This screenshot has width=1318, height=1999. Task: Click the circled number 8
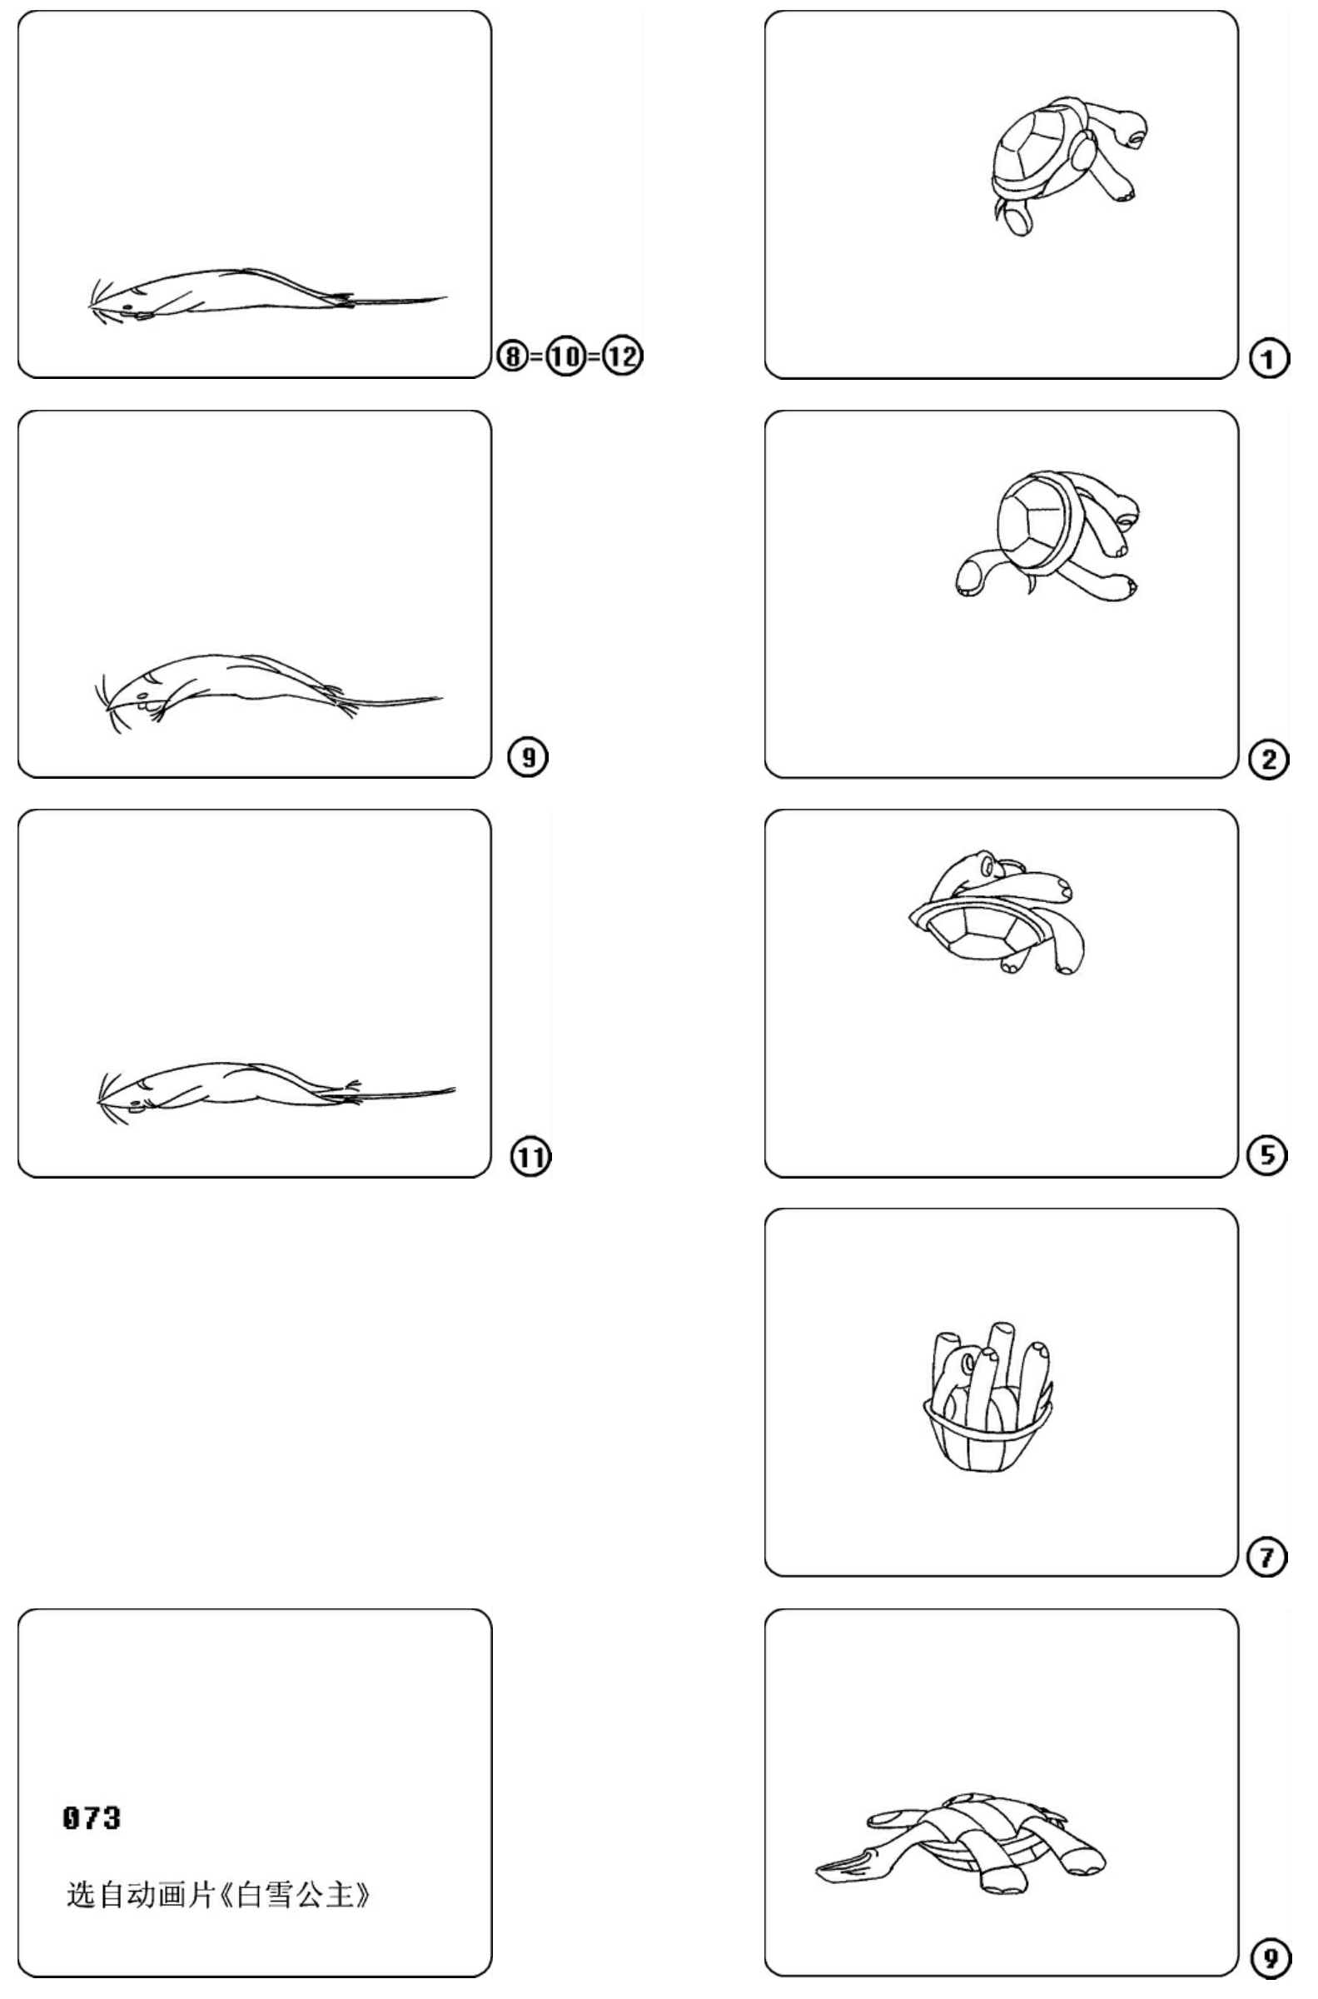coord(514,356)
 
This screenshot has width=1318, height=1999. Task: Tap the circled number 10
coord(566,356)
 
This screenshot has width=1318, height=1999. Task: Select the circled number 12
coord(623,356)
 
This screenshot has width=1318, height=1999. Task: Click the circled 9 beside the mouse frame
coord(528,757)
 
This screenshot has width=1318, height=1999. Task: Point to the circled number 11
coord(530,1158)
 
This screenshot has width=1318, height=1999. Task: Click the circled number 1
coord(1269,359)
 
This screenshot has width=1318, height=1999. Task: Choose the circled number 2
coord(1269,760)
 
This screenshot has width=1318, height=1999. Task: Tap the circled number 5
coord(1267,1155)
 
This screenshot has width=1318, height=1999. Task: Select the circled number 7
coord(1267,1558)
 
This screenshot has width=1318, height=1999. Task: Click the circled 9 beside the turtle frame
coord(1270,1958)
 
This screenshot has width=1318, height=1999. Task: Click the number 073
coord(92,1817)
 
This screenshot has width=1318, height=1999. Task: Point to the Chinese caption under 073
coord(218,1895)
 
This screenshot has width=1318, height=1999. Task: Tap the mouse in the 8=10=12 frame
coord(267,294)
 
